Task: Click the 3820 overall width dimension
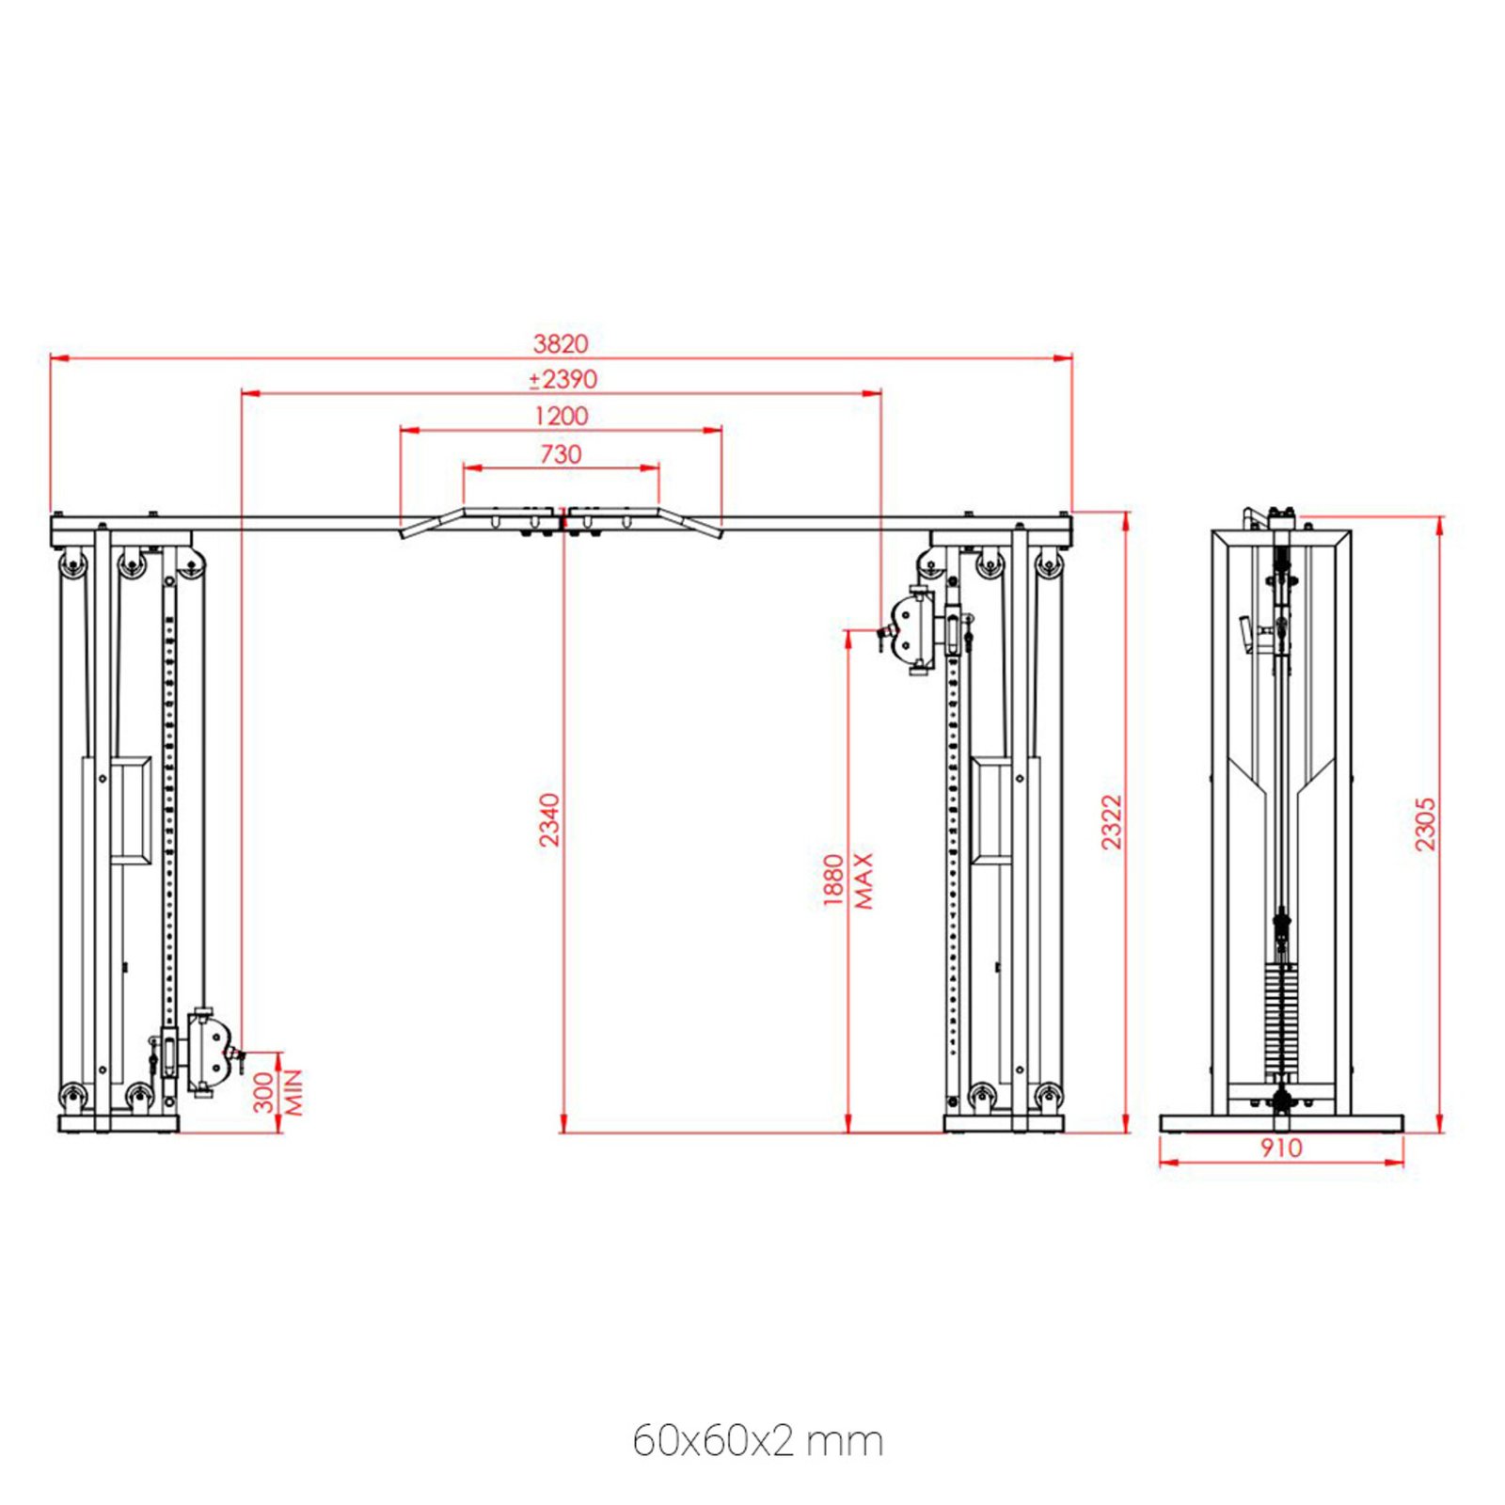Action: (x=561, y=343)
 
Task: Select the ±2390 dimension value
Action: (x=562, y=379)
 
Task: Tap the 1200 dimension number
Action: (x=561, y=416)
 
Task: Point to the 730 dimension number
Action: (x=561, y=454)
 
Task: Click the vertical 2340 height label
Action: (x=549, y=820)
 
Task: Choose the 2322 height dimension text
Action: (x=1112, y=822)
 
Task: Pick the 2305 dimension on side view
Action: (x=1425, y=824)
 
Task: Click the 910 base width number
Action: (x=1280, y=1148)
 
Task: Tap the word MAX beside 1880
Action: (x=863, y=880)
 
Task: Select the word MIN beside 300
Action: (x=293, y=1092)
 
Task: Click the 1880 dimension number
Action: (x=833, y=880)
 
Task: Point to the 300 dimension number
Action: (x=265, y=1092)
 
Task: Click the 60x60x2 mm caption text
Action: (x=757, y=1440)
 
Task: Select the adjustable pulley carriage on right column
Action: (x=917, y=629)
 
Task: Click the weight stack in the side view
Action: (x=1280, y=1021)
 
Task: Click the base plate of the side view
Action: (x=1280, y=1123)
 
